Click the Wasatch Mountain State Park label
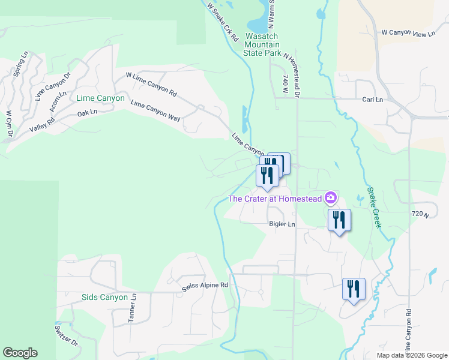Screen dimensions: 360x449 point(263,44)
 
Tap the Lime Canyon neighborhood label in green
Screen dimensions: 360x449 point(101,98)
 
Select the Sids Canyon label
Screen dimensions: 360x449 point(104,297)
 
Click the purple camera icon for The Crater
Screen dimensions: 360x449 point(330,197)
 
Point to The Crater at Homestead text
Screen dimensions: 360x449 point(276,199)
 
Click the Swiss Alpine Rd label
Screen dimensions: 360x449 point(205,286)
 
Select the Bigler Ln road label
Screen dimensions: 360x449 point(282,224)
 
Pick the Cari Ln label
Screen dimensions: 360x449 point(373,99)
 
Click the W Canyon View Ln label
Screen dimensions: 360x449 point(408,34)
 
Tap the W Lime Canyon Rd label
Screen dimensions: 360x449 point(151,85)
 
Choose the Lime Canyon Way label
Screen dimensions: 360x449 point(155,111)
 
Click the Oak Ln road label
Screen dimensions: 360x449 point(87,113)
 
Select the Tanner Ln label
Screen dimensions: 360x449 point(133,308)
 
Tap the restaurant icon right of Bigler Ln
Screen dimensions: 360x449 point(339,220)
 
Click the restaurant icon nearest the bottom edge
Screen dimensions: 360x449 point(354,289)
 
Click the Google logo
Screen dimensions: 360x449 point(20,353)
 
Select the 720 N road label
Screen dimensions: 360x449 point(422,214)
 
